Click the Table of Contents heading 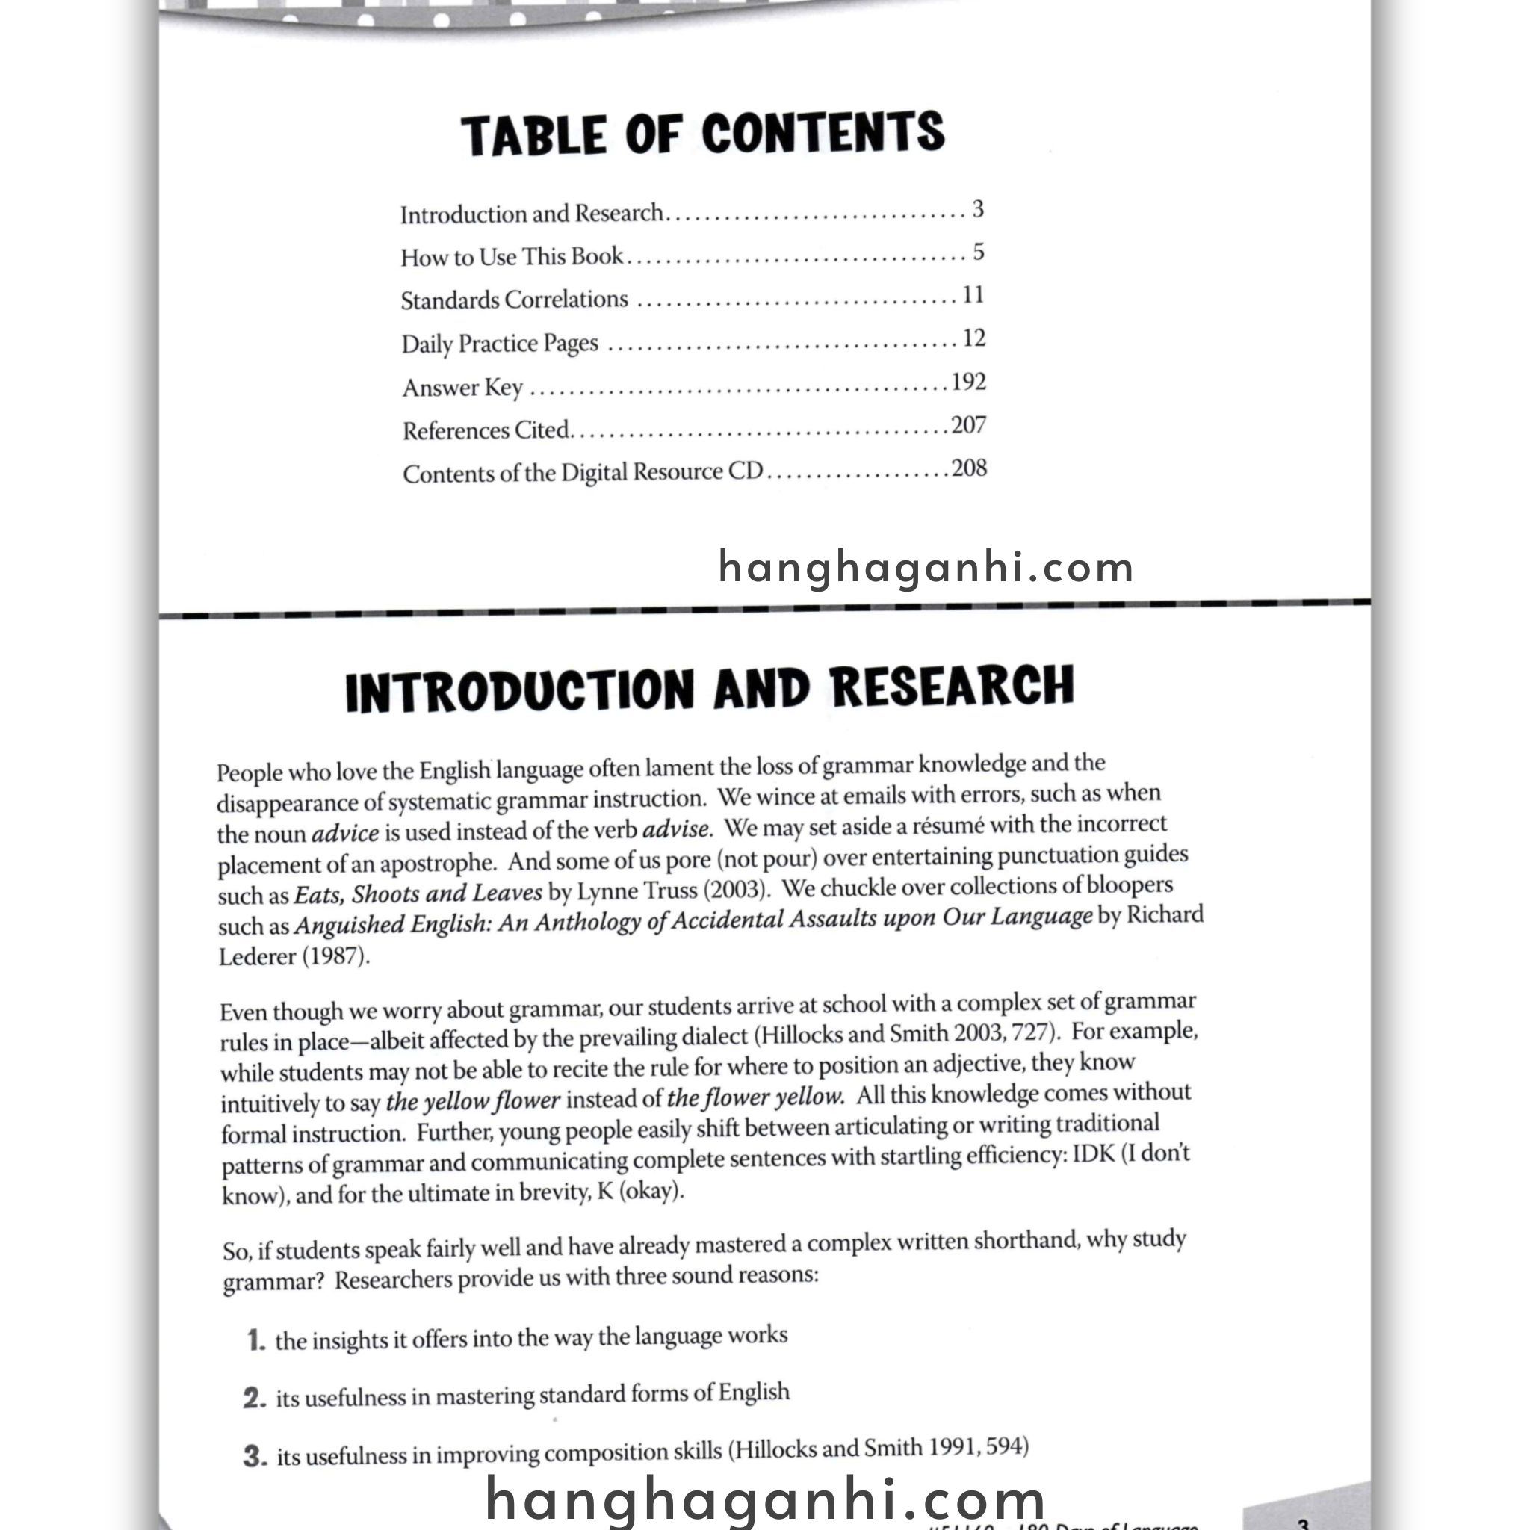[702, 133]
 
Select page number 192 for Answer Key [967, 382]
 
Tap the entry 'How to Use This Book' [512, 256]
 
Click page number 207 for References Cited [967, 426]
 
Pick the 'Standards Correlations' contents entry [514, 300]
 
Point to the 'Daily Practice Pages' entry [500, 344]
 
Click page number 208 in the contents [968, 469]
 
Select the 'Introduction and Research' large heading [710, 688]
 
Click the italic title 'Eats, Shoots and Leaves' [418, 893]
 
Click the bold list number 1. [255, 1340]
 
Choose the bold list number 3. [255, 1455]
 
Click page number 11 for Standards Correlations [973, 295]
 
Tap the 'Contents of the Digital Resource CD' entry [582, 473]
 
